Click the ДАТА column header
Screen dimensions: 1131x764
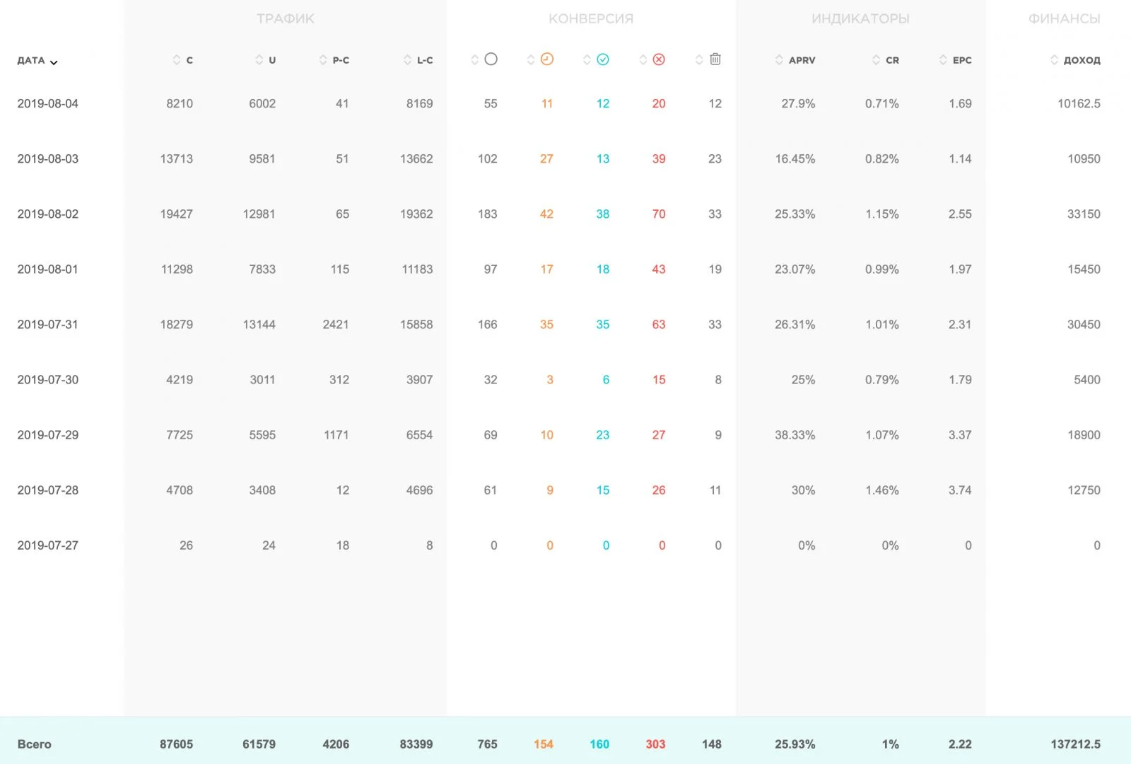[31, 61]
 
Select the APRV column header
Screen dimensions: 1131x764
[802, 60]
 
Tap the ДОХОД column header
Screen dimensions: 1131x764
[1082, 60]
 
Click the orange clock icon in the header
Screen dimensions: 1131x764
[547, 59]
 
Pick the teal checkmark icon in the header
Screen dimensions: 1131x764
[603, 59]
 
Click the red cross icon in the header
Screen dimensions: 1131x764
[659, 59]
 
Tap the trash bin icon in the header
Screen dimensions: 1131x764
[715, 59]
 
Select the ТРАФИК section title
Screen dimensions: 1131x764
[286, 18]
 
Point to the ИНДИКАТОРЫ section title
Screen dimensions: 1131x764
[860, 18]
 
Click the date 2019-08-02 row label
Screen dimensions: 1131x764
[48, 214]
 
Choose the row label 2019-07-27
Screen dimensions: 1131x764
[48, 545]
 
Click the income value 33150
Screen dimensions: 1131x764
[1084, 214]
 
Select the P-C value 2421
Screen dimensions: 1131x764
[336, 325]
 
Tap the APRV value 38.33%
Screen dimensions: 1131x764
[795, 435]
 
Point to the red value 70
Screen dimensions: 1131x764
[658, 214]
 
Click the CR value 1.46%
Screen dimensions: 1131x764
[882, 490]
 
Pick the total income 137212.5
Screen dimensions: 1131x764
[1075, 744]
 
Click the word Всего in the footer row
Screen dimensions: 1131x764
[35, 744]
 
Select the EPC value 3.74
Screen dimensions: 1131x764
[960, 490]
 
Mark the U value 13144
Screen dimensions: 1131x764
[259, 325]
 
